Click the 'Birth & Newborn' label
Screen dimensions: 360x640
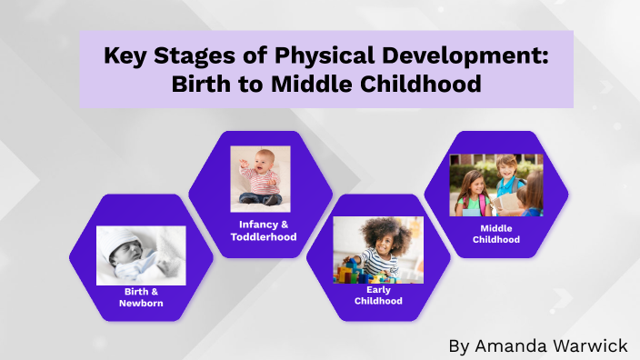(142, 297)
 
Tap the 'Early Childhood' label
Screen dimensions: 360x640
(378, 295)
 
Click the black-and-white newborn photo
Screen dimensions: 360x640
(141, 255)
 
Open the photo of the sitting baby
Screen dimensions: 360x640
(260, 179)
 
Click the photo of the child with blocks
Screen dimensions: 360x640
(378, 250)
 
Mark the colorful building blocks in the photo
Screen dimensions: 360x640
(354, 270)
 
